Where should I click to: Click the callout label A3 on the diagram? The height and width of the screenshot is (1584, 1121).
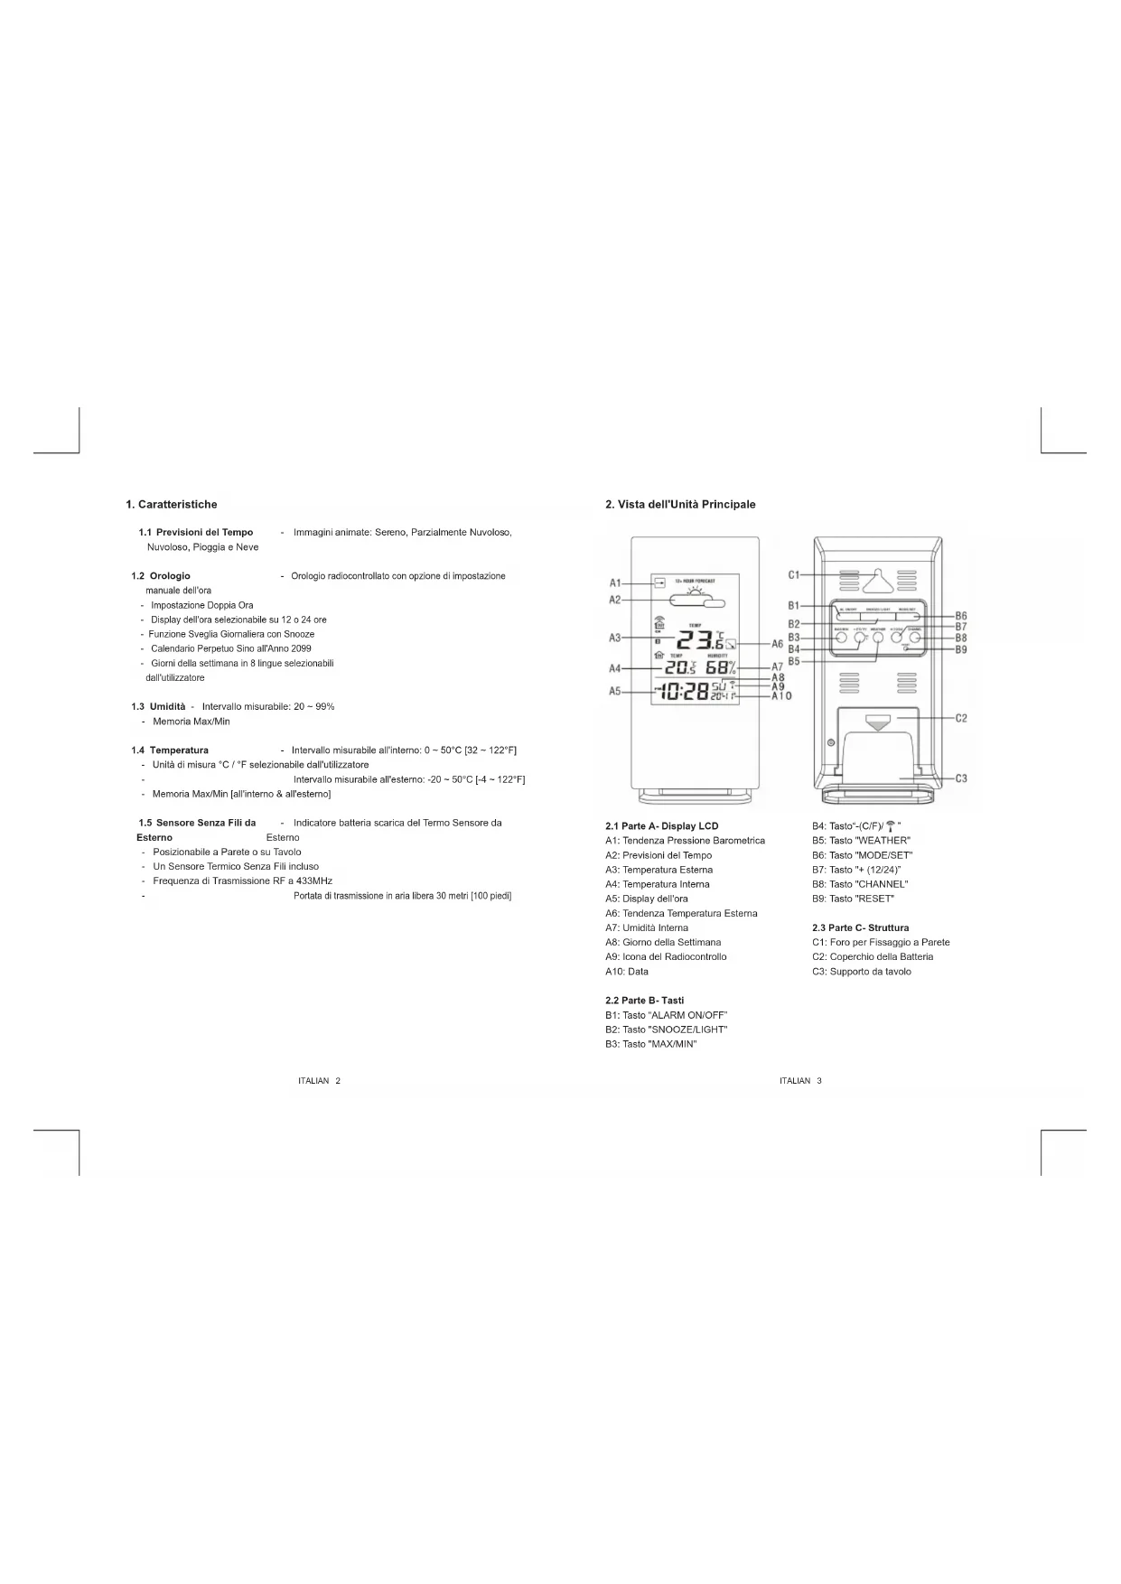(614, 638)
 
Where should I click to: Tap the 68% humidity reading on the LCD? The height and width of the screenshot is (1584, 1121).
(720, 667)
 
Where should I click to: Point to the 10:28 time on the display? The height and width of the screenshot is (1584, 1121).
(682, 693)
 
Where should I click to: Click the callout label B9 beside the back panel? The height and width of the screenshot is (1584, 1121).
(961, 649)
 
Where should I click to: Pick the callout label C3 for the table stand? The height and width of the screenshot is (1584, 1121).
(961, 778)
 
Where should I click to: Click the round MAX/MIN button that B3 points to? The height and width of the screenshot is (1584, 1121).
(842, 638)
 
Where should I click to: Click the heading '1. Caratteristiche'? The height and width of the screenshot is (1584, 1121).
(172, 504)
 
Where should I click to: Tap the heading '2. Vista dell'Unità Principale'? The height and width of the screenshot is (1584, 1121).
(680, 504)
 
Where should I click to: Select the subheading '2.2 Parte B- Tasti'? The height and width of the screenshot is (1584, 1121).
(644, 1001)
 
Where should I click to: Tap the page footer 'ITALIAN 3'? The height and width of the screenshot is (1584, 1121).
(800, 1081)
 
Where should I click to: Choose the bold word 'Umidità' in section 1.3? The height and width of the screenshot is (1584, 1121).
(167, 706)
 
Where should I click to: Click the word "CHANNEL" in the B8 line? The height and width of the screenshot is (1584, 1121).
(881, 884)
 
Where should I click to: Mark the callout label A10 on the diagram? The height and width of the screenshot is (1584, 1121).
(781, 695)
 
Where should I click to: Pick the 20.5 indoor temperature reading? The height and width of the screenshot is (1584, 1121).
(680, 667)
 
